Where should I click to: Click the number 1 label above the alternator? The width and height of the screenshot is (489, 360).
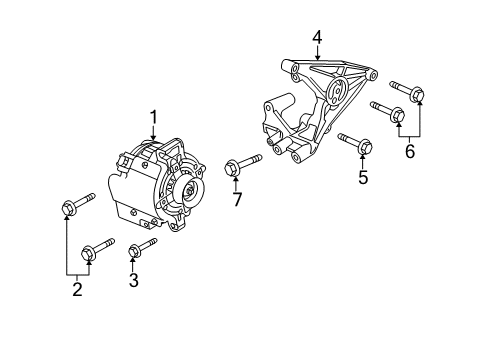[x=154, y=118]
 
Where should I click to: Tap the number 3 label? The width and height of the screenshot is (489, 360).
[x=133, y=280]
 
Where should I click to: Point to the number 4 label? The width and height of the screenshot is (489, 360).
[x=317, y=38]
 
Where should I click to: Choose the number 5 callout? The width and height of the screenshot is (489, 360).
[x=363, y=178]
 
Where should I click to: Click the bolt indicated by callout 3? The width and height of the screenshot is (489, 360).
[x=143, y=246]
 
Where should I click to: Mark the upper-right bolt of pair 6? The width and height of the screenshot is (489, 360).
[x=409, y=91]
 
